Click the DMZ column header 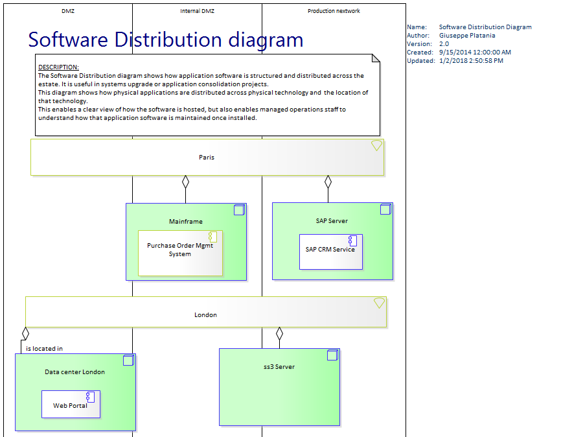click(x=68, y=11)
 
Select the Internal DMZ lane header click(x=197, y=11)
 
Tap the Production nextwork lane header click(x=334, y=11)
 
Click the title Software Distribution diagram click(x=166, y=40)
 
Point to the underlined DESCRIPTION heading click(x=58, y=67)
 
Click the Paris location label click(x=206, y=158)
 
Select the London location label click(x=205, y=315)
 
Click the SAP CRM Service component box click(x=330, y=251)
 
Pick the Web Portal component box click(x=71, y=404)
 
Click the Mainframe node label click(x=186, y=222)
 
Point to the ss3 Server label click(x=279, y=367)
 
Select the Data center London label click(x=74, y=372)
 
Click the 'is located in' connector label click(x=44, y=349)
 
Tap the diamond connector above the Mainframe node click(x=185, y=182)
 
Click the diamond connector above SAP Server click(x=328, y=182)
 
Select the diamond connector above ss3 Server click(x=279, y=335)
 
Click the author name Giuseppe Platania click(x=467, y=36)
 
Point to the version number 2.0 click(x=444, y=44)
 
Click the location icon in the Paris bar click(x=376, y=146)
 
